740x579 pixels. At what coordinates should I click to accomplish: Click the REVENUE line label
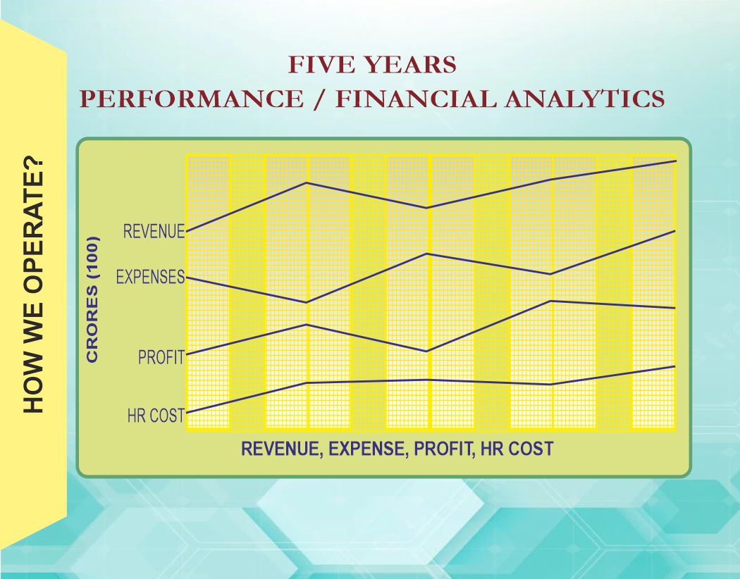tap(154, 232)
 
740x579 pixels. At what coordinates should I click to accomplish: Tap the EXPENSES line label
tap(150, 277)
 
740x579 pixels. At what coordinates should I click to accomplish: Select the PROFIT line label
tap(161, 357)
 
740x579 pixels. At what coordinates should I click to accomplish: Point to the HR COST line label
tap(156, 416)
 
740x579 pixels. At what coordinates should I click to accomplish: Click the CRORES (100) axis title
tap(92, 299)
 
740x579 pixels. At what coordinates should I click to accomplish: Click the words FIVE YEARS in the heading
tap(372, 65)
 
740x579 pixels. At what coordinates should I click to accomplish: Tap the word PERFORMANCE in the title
tap(192, 99)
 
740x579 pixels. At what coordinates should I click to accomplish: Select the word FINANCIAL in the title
tap(416, 99)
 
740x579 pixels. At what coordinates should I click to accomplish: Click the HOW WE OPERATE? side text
tap(33, 286)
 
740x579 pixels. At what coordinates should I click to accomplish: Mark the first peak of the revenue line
tap(307, 182)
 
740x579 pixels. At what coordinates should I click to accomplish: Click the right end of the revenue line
tap(675, 161)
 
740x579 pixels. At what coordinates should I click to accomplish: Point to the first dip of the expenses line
tap(307, 303)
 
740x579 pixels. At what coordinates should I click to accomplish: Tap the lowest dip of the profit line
tap(427, 351)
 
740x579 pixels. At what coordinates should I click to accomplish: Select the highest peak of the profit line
tap(550, 301)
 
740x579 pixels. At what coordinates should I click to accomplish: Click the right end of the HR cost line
tap(675, 366)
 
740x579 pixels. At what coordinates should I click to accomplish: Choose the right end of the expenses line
tap(675, 231)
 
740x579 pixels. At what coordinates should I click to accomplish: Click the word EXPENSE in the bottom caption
tap(366, 449)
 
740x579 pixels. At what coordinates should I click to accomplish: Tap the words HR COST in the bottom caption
tap(517, 449)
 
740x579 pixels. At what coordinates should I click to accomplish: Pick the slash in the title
tap(320, 99)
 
